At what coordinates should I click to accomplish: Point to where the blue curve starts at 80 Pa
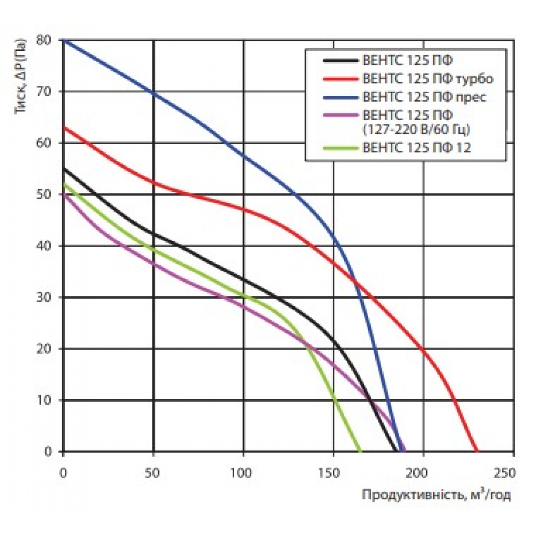pyautogui.click(x=64, y=40)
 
